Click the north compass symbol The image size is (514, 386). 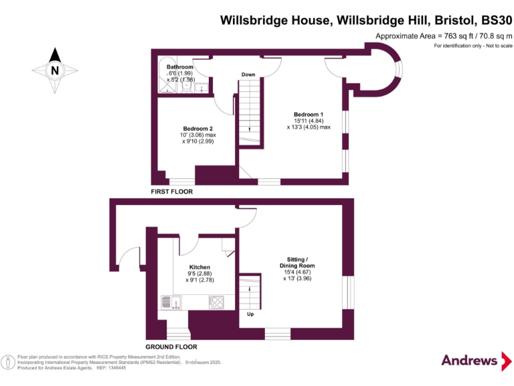(55, 69)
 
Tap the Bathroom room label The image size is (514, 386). (179, 67)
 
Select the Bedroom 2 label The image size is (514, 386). (198, 129)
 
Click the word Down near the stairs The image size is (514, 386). (248, 74)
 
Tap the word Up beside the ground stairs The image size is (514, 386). (250, 313)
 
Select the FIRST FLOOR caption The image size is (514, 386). (171, 192)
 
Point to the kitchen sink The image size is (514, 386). (173, 303)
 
